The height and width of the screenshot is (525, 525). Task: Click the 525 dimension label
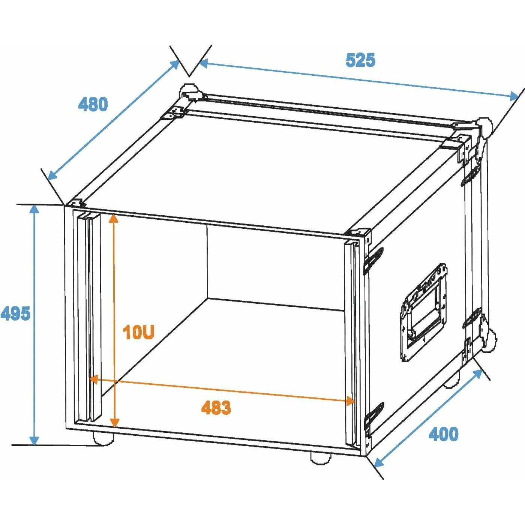360,60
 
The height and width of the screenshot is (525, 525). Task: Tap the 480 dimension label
93,104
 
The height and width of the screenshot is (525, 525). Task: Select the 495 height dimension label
15,313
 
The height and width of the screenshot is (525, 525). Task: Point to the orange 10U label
139,332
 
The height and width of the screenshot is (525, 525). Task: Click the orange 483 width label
216,408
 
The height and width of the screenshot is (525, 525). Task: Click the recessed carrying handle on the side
424,312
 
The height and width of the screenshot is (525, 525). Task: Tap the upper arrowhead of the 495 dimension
34,211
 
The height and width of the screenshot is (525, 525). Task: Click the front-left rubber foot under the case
103,439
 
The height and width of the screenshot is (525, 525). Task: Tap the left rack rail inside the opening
89,318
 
